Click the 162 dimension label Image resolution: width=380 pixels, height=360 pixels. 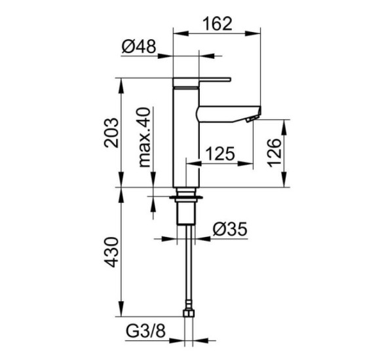pyautogui.click(x=218, y=24)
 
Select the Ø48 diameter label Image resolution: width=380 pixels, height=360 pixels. pyautogui.click(x=139, y=46)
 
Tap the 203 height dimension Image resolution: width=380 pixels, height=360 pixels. pyautogui.click(x=111, y=133)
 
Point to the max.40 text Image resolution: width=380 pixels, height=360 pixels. pyautogui.click(x=144, y=137)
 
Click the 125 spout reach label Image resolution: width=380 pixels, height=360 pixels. pyautogui.click(x=220, y=153)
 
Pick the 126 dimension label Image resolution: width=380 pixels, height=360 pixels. pyautogui.click(x=275, y=153)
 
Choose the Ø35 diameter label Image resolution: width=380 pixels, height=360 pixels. pyautogui.click(x=230, y=229)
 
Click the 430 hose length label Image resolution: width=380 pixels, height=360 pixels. pyautogui.click(x=111, y=252)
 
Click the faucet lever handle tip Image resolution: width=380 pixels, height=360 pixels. pyautogui.click(x=230, y=79)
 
